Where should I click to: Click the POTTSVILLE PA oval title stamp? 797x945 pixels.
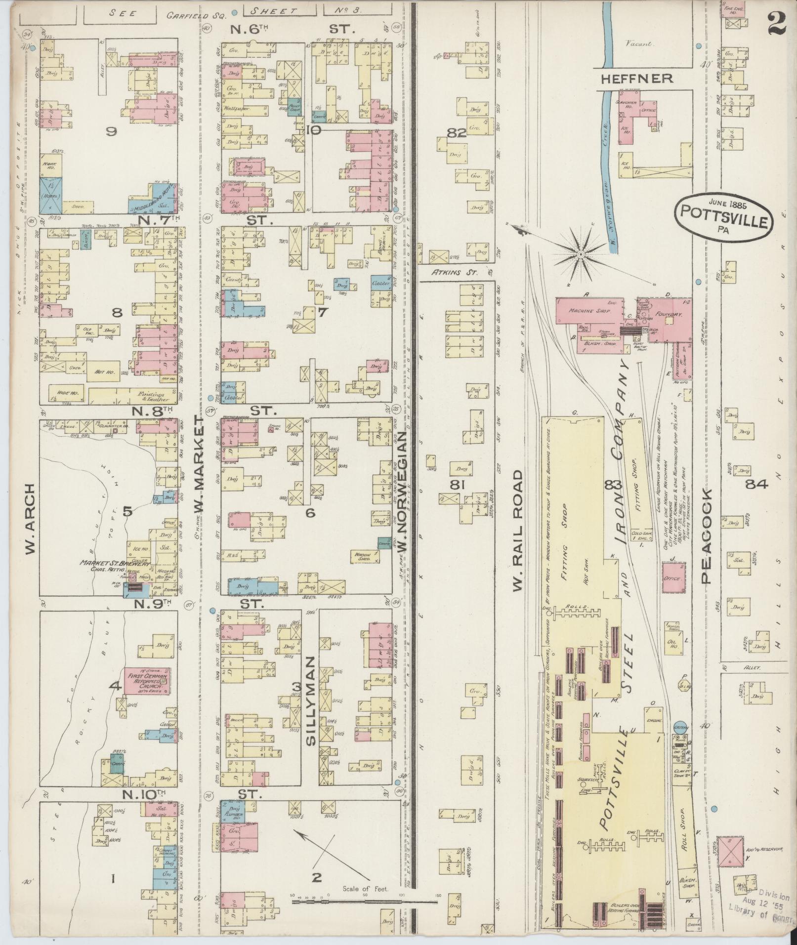tap(722, 217)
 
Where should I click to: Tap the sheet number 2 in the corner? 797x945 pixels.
tap(777, 23)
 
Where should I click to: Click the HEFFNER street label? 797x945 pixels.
tap(637, 78)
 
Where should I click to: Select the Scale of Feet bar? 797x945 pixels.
tap(364, 555)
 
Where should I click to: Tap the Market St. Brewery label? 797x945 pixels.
tap(109, 563)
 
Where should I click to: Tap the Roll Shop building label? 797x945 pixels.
tap(684, 822)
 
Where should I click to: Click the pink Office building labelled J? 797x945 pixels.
tap(673, 577)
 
